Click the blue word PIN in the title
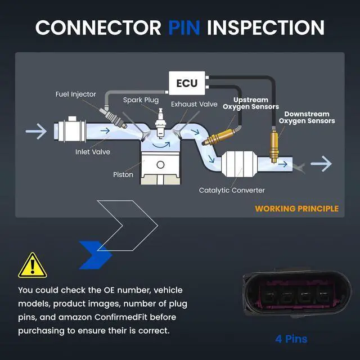tap(184, 28)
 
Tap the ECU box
tap(187, 83)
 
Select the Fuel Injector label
tap(76, 94)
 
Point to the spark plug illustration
tap(160, 123)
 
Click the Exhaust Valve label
tap(194, 104)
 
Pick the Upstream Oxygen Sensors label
tap(251, 103)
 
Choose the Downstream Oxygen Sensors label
tap(307, 118)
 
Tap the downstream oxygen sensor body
tap(274, 146)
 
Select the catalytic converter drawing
tap(239, 164)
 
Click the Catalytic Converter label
tap(232, 190)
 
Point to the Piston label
tap(123, 175)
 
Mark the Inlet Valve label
tap(93, 152)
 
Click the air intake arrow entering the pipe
tap(36, 131)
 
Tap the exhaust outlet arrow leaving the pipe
tap(321, 164)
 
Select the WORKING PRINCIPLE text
tap(297, 209)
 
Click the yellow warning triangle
tap(33, 265)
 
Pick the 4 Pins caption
tap(291, 339)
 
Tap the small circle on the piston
tap(160, 165)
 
